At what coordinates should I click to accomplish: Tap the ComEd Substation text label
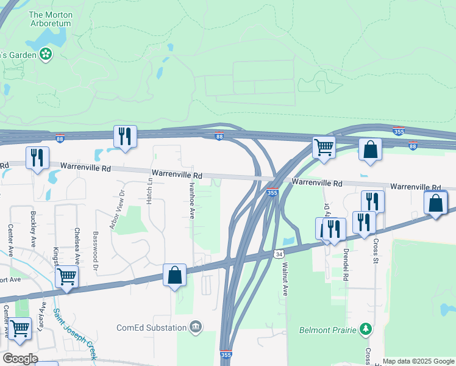151,328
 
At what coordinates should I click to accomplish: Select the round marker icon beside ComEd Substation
195,328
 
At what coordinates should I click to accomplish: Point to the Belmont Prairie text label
327,331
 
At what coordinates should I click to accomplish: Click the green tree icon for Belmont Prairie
365,330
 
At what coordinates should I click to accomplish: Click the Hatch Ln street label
149,196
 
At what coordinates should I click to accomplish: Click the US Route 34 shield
279,253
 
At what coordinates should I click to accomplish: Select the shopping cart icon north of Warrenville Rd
324,147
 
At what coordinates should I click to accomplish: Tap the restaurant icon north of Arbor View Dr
125,137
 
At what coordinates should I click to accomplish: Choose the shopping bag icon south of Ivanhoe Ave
174,275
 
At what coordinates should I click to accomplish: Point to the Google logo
20,359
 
